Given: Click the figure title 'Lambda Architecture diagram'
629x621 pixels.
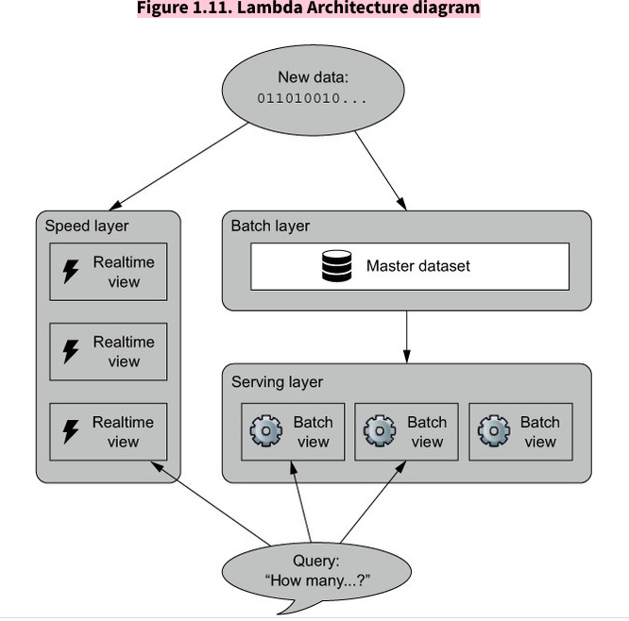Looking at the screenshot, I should pos(308,8).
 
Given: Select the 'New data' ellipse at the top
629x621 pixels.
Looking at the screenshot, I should pos(313,87).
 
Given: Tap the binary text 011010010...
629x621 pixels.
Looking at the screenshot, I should pos(313,98).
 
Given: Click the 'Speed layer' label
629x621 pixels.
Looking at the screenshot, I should pos(87,227).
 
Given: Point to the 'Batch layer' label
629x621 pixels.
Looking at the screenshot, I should pos(270,227).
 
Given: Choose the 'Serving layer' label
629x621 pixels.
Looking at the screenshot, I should pos(277,382).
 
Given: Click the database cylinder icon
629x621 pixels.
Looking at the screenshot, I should pos(335,266).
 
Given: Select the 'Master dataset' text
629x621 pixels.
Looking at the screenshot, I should pos(417,266).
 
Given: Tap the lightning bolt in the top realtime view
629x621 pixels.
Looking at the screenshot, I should pos(71,273).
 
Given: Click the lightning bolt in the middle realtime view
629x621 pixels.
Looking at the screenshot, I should pos(71,352).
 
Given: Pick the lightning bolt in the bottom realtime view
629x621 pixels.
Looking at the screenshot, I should pos(71,431).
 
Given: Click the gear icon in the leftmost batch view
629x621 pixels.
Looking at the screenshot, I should pos(265,432).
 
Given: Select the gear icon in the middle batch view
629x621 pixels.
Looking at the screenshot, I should pos(380,432).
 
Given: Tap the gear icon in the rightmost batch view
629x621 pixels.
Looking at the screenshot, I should pos(494,432).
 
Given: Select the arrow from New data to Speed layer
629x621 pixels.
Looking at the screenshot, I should pos(179,166).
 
